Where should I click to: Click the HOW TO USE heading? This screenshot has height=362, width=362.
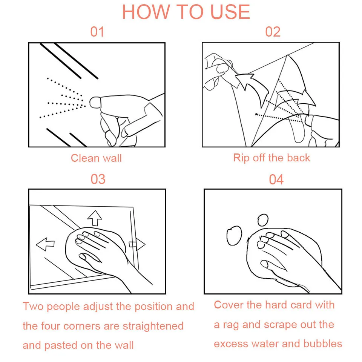pos(186,12)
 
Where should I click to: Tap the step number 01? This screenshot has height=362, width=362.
pos(97,32)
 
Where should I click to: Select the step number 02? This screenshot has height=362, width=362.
pos(273,32)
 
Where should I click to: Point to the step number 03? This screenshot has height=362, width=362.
pos(98,179)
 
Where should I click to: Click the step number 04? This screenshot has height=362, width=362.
pos(276,179)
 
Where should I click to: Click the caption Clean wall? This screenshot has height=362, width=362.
pos(96,158)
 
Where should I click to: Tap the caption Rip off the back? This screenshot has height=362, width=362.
pos(272,158)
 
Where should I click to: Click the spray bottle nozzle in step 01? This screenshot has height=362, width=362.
pos(95,103)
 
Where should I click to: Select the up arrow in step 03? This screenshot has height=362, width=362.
pos(95,218)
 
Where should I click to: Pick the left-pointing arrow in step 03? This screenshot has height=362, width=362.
pos(45,244)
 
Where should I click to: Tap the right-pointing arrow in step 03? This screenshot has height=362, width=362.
pos(137,244)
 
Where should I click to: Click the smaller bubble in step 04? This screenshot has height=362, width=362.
pos(263,220)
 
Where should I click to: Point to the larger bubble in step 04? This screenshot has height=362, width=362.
pos(234,235)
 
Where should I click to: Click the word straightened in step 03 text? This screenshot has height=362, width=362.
pos(153,326)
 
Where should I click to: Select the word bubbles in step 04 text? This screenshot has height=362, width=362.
pos(322,344)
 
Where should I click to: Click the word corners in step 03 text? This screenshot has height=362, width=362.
pos(82,326)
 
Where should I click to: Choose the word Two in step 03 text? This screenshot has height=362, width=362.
pos(33,306)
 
